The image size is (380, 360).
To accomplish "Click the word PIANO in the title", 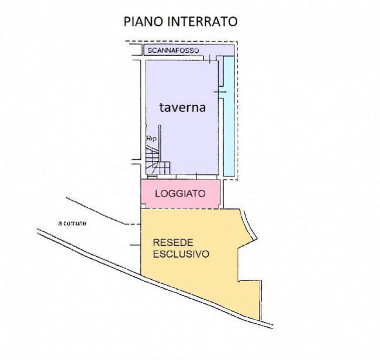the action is click(x=143, y=22).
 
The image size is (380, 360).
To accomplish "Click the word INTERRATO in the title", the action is click(x=202, y=22).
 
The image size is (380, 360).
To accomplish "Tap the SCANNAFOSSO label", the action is click(x=173, y=50).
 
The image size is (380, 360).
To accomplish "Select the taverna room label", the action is click(x=182, y=107).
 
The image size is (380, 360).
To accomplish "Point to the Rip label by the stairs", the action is click(x=151, y=139).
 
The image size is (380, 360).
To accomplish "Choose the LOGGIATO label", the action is click(x=180, y=194).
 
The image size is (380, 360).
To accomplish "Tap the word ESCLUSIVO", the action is click(x=181, y=254).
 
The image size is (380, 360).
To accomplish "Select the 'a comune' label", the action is click(x=72, y=223).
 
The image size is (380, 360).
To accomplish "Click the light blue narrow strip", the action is click(x=229, y=116).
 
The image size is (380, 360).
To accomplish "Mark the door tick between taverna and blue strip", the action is click(x=220, y=92).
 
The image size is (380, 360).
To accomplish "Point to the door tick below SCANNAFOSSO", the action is click(x=210, y=59).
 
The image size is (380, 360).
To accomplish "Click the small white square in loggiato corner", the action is click(x=143, y=206).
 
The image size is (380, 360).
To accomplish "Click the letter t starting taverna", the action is click(x=161, y=108).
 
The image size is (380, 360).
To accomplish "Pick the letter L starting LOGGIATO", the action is click(x=158, y=194).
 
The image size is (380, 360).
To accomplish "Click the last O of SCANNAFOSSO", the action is click(x=196, y=50).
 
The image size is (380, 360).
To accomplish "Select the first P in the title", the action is click(x=127, y=22).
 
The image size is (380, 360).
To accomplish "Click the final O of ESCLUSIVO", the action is click(x=206, y=254).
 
